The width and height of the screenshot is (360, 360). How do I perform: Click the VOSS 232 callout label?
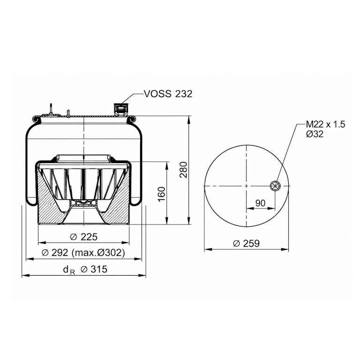(168, 94)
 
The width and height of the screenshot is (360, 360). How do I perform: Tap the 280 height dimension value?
(183, 170)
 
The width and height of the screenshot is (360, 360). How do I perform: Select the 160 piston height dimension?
(162, 194)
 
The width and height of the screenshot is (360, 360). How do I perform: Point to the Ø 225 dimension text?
(83, 237)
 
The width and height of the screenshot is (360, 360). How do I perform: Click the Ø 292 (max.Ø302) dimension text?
(83, 253)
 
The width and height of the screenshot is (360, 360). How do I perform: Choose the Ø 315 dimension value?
(94, 269)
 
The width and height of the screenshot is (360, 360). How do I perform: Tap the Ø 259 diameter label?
(246, 243)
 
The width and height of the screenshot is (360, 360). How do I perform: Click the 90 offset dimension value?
(260, 203)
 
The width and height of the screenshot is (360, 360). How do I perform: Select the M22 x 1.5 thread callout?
(326, 124)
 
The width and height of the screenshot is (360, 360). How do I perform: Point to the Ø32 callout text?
(315, 134)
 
